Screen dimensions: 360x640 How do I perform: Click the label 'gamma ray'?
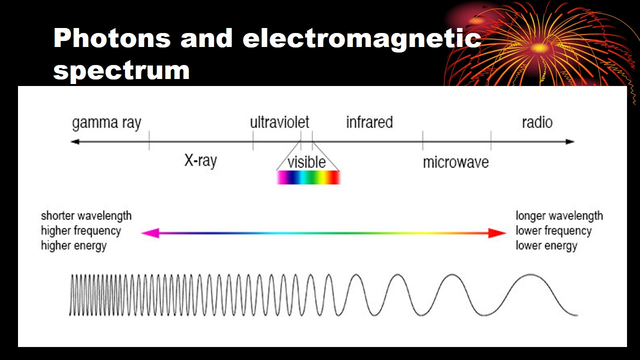(106, 123)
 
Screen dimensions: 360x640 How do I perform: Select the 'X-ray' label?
(200, 161)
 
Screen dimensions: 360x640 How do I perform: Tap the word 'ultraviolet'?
(279, 122)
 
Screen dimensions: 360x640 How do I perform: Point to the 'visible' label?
(306, 162)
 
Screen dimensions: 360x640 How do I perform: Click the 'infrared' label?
(369, 122)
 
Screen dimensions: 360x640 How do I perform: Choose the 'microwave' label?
(455, 162)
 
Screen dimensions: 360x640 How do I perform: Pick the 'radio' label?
(537, 122)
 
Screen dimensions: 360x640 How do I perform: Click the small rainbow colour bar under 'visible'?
(308, 177)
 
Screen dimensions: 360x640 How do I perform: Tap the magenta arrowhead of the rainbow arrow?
(150, 233)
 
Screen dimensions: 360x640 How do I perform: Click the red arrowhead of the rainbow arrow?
(498, 233)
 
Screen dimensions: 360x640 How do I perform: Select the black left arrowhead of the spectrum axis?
(75, 141)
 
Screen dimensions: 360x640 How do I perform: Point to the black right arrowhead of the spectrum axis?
(570, 141)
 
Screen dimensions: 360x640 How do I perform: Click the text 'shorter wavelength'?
(86, 215)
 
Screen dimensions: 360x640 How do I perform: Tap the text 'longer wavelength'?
(559, 216)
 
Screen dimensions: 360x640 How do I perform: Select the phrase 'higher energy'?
(73, 245)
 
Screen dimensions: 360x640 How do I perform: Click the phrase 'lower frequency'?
(553, 231)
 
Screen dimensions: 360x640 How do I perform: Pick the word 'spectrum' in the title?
(121, 70)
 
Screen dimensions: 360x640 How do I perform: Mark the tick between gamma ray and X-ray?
(149, 140)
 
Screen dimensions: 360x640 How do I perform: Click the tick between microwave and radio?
(490, 140)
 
